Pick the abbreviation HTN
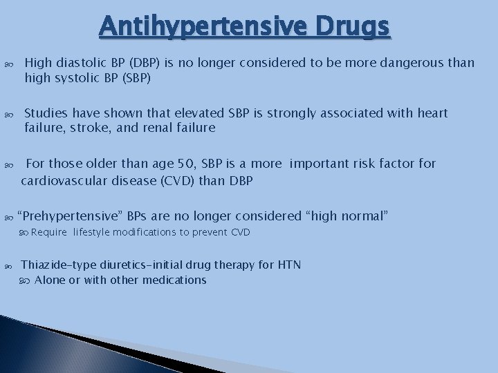[x=288, y=265]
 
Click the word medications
[x=173, y=280]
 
